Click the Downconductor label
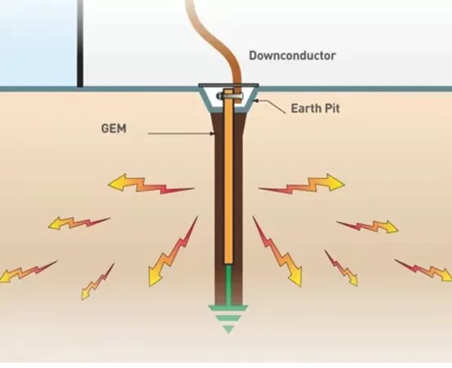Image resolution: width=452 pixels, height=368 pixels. pos(292,56)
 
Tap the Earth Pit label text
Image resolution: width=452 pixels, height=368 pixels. pos(316,109)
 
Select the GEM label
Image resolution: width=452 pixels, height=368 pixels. pos(114,128)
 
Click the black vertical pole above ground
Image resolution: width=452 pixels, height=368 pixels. pos(80,43)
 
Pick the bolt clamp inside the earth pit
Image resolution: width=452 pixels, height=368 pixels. pos(230,96)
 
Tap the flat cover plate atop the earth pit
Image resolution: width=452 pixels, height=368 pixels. pos(228,85)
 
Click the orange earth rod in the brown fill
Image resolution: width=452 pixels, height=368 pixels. pos(228,177)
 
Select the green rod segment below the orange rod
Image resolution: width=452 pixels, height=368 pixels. pos(229,285)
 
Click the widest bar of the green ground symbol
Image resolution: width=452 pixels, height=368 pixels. pos(228,308)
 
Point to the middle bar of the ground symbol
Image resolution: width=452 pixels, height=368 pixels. pos(228,318)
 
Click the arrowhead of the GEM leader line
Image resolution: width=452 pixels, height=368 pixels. pos(213,133)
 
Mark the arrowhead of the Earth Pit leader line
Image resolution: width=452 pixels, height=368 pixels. pos(255,101)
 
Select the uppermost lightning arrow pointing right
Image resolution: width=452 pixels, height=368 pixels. pos(302,184)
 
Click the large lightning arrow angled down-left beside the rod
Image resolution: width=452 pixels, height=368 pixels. pos(172,252)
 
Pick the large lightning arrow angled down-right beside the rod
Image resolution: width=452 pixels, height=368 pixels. pos(278,252)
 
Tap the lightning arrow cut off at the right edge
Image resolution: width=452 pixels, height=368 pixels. pos(423,270)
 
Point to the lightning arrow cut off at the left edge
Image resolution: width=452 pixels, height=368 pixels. pos(29,272)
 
